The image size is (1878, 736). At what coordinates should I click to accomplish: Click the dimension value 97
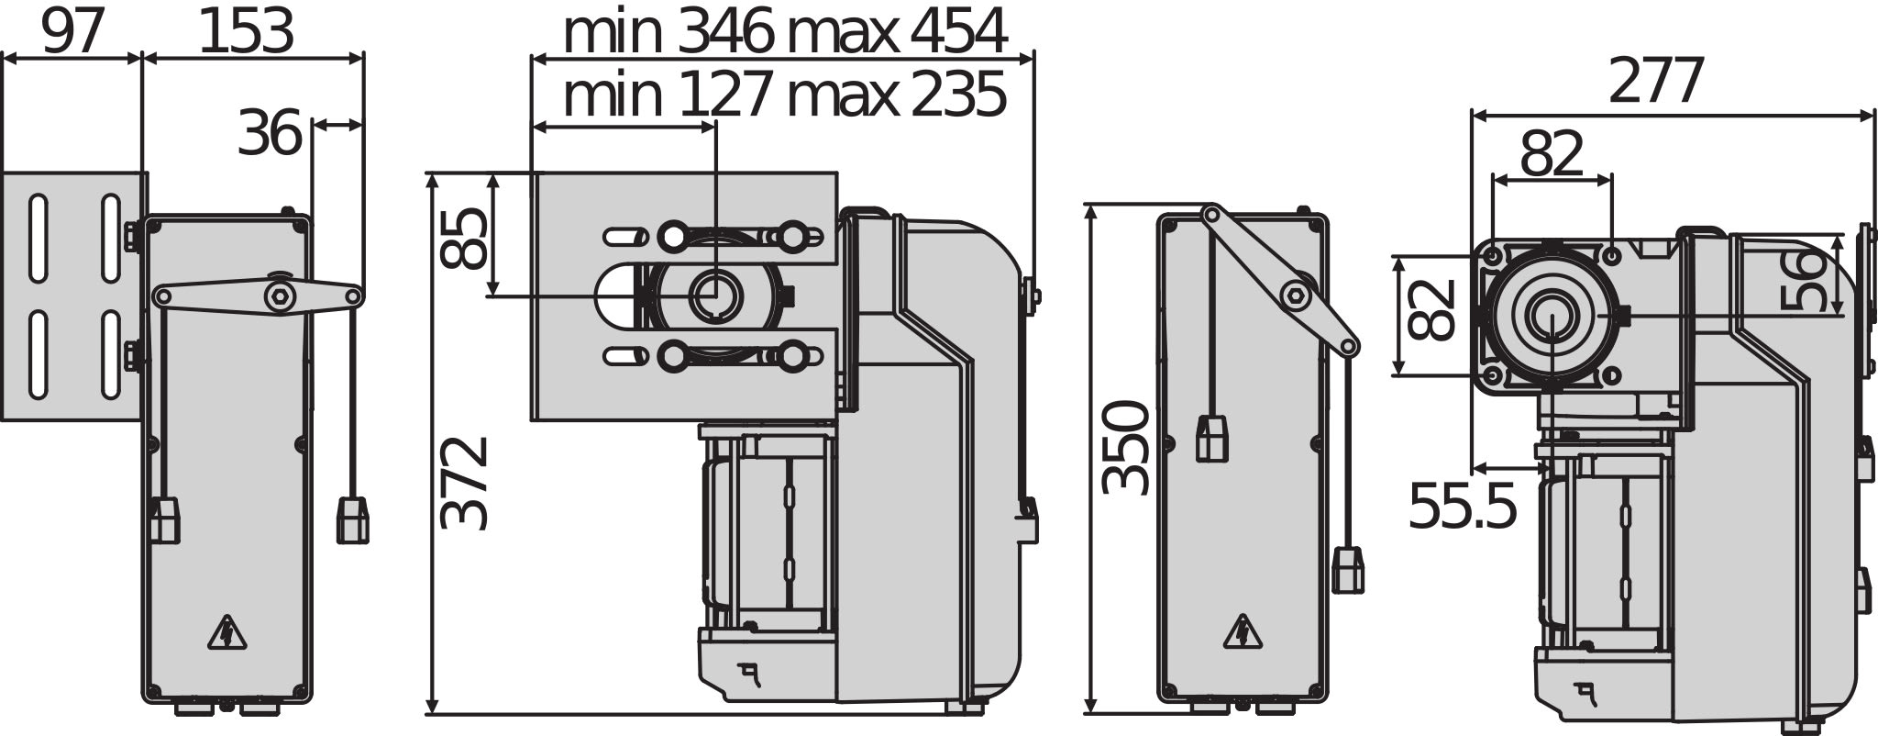(72, 34)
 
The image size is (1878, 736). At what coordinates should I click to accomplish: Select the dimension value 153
(246, 34)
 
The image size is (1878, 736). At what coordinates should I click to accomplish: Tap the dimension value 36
(270, 134)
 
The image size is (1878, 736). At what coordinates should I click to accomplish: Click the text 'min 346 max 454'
(784, 33)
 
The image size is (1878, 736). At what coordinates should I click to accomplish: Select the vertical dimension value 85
(463, 238)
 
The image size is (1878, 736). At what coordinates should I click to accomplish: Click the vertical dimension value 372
(463, 483)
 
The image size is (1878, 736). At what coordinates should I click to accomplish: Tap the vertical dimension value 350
(1125, 447)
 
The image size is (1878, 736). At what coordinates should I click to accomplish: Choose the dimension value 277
(1656, 81)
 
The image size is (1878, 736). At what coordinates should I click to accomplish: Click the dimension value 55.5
(1462, 506)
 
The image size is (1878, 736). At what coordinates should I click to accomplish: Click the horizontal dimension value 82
(1552, 154)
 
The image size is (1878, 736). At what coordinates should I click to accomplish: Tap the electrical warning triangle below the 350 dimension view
(1243, 632)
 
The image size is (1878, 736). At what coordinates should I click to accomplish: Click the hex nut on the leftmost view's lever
(278, 296)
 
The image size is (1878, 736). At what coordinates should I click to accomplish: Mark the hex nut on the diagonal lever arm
(1294, 295)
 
